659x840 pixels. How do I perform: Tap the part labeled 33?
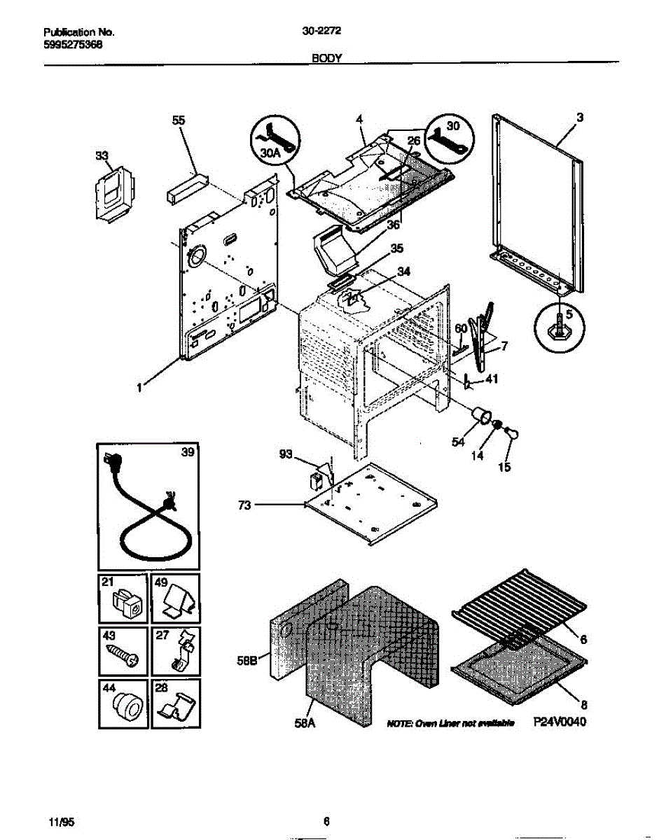pyautogui.click(x=113, y=191)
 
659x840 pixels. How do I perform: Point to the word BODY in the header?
pyautogui.click(x=326, y=59)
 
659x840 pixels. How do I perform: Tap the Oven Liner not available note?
pyautogui.click(x=451, y=722)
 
